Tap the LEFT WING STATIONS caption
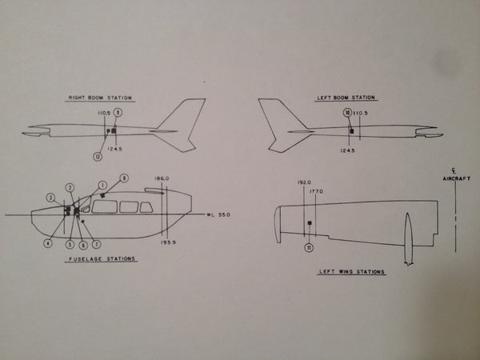click(352, 272)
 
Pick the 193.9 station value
click(167, 240)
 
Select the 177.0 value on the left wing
click(317, 191)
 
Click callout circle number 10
click(348, 113)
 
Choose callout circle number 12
click(98, 156)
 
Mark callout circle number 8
click(124, 177)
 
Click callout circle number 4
click(48, 243)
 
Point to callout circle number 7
click(96, 244)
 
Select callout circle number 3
click(50, 197)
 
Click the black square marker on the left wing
click(309, 222)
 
